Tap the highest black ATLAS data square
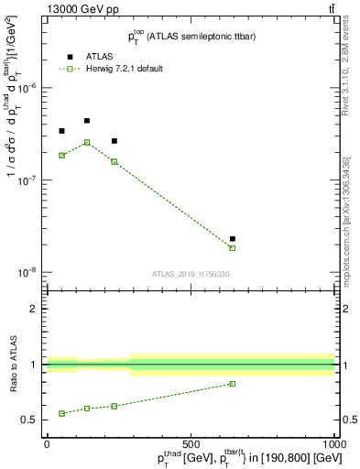tap(87, 120)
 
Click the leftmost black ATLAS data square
tap(61, 131)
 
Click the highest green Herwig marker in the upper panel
tap(87, 142)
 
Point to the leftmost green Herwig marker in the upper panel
tap(61, 155)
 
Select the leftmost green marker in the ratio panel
tap(61, 413)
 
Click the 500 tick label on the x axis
tap(191, 443)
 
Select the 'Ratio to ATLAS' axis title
tap(12, 365)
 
